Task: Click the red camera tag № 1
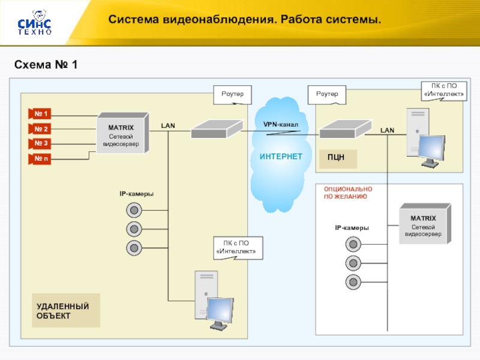pyautogui.click(x=41, y=114)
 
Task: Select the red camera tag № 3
pyautogui.click(x=41, y=143)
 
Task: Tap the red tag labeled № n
pyautogui.click(x=41, y=158)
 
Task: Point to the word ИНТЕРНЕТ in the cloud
pyautogui.click(x=281, y=157)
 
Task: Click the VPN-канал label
pyautogui.click(x=281, y=124)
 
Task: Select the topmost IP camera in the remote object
pyautogui.click(x=134, y=210)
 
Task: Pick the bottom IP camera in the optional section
pyautogui.click(x=353, y=282)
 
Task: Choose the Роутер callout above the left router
pyautogui.click(x=232, y=94)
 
